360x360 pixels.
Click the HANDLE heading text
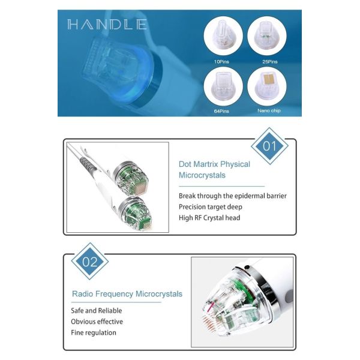(x=107, y=25)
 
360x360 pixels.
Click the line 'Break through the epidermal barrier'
(x=233, y=196)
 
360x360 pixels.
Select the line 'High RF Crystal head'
(x=209, y=217)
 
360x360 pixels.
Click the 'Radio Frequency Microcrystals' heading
(x=127, y=295)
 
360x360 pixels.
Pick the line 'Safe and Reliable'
(x=96, y=311)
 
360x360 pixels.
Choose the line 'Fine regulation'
(x=94, y=332)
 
